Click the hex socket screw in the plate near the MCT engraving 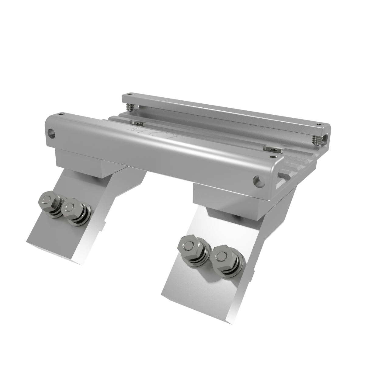138,123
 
